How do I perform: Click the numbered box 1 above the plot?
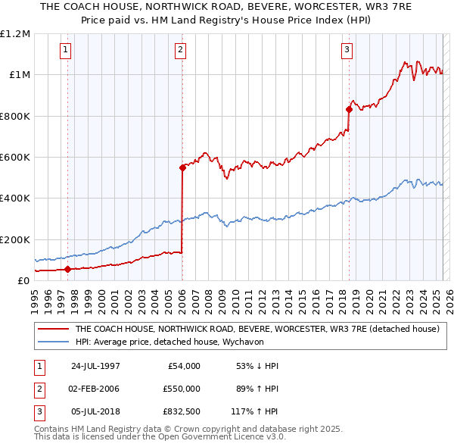[x=67, y=51]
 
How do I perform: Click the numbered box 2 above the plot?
[x=181, y=51]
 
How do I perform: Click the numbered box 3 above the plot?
[x=347, y=51]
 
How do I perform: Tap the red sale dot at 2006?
[x=182, y=167]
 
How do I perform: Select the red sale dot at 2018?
[x=349, y=109]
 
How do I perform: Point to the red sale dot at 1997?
[x=68, y=269]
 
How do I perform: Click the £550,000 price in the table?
[x=182, y=388]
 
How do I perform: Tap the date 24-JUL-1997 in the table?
[x=95, y=366]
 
